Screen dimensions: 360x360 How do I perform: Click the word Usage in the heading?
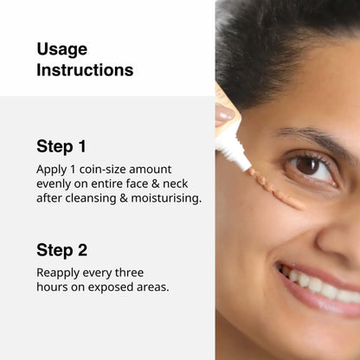(x=62, y=49)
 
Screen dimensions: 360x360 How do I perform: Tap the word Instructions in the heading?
(x=85, y=70)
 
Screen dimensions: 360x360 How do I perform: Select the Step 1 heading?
(x=61, y=146)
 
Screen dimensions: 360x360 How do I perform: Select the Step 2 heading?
(x=61, y=250)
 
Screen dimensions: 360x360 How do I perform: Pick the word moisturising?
(x=166, y=198)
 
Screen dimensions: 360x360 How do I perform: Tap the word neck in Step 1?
(x=176, y=183)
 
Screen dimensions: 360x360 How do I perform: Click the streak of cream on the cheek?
(x=276, y=190)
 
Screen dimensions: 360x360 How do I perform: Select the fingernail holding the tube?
(x=225, y=114)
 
